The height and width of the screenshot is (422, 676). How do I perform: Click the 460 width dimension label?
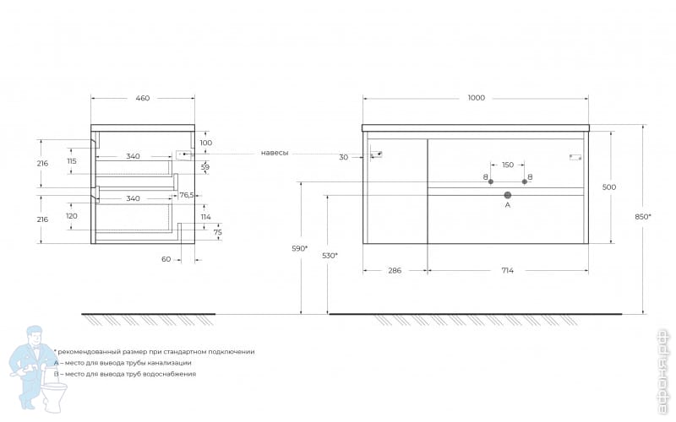click(x=142, y=99)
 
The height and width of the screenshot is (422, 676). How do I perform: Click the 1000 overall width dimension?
click(x=476, y=99)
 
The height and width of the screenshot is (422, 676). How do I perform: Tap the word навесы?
click(x=274, y=153)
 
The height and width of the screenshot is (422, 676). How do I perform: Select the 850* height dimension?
click(x=643, y=217)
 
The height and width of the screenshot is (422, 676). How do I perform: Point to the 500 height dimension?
click(x=608, y=187)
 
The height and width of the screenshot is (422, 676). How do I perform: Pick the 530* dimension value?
click(x=330, y=256)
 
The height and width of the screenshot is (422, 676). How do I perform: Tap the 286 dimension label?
click(x=394, y=270)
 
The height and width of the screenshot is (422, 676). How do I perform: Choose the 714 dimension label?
click(x=506, y=270)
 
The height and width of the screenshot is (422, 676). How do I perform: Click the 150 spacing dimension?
click(x=507, y=165)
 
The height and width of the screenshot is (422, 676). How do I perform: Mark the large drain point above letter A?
click(x=507, y=194)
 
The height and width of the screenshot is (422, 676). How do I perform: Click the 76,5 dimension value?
click(x=187, y=195)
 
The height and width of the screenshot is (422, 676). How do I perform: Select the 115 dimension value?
click(x=71, y=161)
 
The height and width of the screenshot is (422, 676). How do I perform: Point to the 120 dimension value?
click(x=71, y=216)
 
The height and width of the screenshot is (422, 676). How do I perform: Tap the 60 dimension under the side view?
click(x=166, y=259)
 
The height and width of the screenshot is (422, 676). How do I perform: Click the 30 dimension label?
click(x=343, y=158)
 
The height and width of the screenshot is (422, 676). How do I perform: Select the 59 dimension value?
click(x=204, y=166)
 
